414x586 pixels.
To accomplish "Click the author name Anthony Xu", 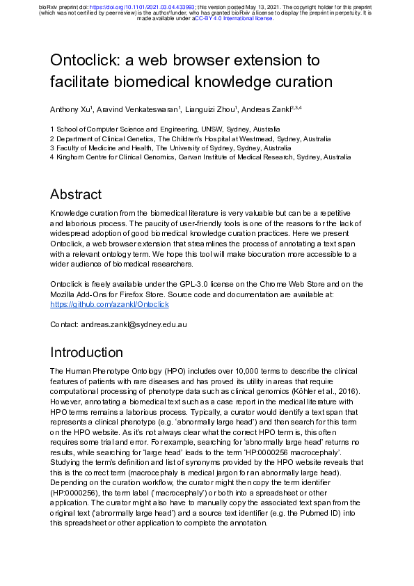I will pyautogui.click(x=69, y=110).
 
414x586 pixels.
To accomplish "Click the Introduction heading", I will pyautogui.click(x=86, y=352).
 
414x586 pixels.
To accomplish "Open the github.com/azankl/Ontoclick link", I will pyautogui.click(x=110, y=304).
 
